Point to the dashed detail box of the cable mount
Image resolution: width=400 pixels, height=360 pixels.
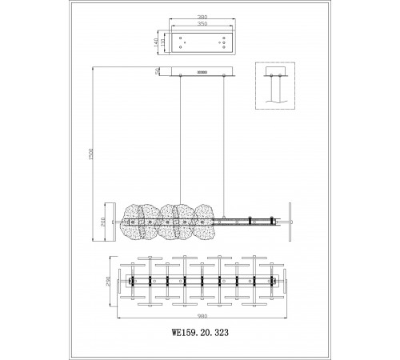(275, 86)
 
